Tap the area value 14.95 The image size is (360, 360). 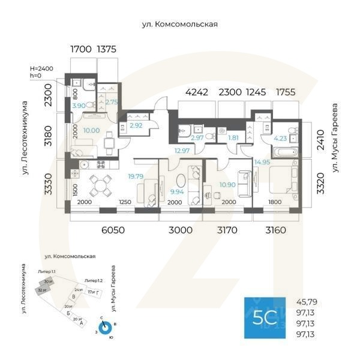tap(262, 162)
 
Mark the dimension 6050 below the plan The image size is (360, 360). tap(113, 230)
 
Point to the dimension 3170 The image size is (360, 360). tap(227, 230)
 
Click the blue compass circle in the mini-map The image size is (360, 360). tap(105, 328)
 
